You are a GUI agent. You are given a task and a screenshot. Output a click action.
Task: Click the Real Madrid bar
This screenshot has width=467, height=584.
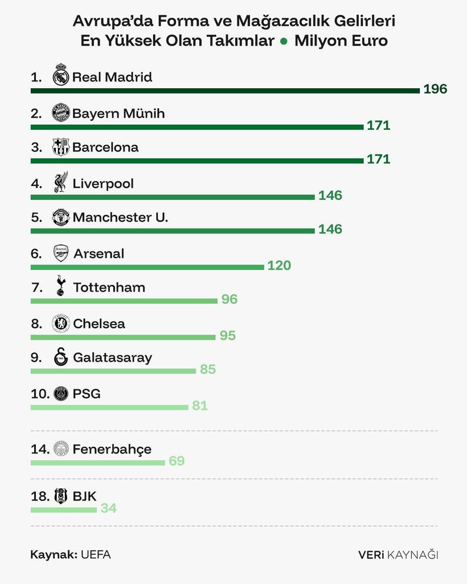pos(225,90)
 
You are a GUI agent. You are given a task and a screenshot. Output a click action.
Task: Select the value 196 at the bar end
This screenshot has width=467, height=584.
pos(435,89)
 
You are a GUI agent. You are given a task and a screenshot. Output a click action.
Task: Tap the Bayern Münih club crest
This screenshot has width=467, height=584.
pos(61,113)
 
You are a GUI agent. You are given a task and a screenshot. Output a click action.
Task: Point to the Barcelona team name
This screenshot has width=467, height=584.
pos(105,148)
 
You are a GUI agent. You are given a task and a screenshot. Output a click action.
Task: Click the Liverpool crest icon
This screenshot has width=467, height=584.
pos(61,182)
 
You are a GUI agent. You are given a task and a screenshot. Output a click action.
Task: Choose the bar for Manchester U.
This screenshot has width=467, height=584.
pos(172,230)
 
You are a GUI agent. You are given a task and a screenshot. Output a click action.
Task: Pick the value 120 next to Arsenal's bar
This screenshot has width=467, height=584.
pos(279,266)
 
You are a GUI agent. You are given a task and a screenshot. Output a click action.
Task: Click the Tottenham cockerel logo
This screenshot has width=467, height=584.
pos(61,286)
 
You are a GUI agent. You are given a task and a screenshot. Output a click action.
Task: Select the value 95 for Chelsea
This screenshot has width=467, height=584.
pos(228,336)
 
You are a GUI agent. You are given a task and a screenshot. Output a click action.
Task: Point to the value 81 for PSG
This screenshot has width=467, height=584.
pos(200,406)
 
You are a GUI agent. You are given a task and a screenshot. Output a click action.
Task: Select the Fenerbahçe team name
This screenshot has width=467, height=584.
pos(112,449)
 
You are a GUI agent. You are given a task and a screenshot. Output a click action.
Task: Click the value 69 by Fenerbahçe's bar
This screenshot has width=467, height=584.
pos(177,461)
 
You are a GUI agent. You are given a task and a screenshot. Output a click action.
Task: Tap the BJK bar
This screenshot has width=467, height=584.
pos(63,509)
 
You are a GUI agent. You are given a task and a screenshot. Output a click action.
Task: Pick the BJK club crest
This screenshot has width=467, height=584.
pos(60,496)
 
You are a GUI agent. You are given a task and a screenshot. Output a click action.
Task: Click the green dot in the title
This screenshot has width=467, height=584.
pos(284,42)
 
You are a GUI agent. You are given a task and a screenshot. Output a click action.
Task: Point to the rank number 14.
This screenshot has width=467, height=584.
pos(40,449)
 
